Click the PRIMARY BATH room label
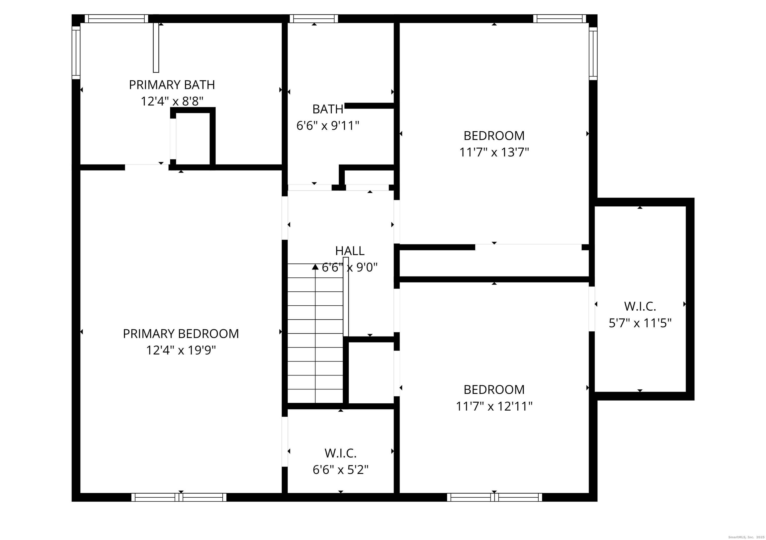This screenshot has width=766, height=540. coord(172,85)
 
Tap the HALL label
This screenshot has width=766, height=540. coord(350,251)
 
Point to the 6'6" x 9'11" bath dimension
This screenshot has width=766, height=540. coord(328,126)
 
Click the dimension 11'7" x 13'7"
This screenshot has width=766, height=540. coord(494,152)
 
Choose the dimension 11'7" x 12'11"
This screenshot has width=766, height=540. coord(494,407)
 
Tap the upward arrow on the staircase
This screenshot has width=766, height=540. coord(315,267)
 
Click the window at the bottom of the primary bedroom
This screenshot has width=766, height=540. coord(179,497)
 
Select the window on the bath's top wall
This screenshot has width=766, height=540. coord(314,19)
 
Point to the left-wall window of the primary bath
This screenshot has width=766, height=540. coord(76,53)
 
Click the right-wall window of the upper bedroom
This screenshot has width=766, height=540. coord(593,53)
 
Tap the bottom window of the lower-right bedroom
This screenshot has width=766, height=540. coord(494,497)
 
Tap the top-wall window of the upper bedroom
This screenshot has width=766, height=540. coord(560,19)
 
